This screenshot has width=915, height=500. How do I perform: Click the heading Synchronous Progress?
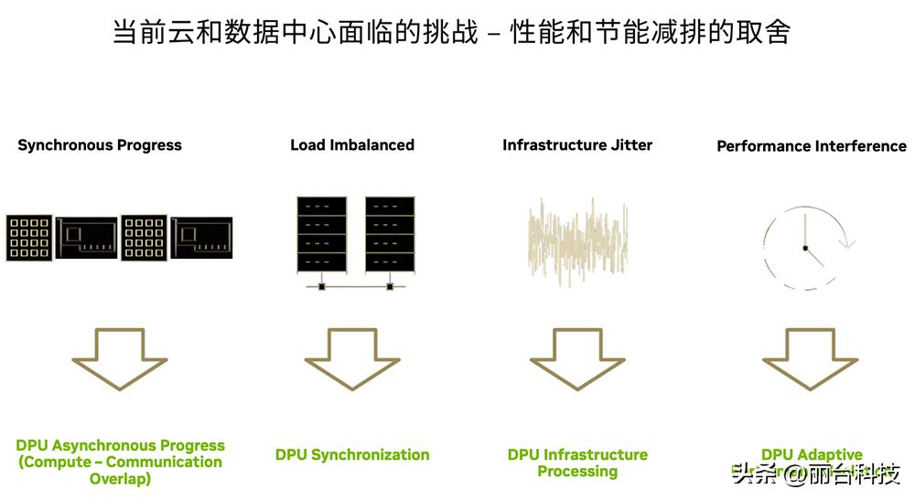(100, 145)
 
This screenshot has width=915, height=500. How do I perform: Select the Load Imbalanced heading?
(352, 145)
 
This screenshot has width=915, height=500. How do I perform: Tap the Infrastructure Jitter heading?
(577, 145)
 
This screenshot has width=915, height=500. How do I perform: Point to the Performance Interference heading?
(811, 146)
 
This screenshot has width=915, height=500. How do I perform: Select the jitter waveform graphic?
(577, 240)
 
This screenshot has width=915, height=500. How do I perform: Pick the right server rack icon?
(390, 234)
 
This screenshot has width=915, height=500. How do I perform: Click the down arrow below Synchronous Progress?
(120, 359)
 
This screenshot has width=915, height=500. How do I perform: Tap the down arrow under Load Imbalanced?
(352, 359)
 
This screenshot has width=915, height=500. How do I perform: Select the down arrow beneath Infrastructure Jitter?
(577, 359)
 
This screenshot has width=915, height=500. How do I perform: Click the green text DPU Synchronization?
(352, 455)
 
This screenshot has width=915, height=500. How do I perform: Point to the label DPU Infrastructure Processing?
(577, 463)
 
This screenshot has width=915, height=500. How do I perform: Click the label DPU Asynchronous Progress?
(120, 446)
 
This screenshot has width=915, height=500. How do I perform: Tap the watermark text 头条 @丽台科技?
(816, 474)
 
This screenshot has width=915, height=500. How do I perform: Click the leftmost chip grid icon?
(29, 238)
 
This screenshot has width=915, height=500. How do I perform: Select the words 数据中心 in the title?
(281, 33)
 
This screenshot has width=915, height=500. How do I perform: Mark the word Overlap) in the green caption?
(120, 479)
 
